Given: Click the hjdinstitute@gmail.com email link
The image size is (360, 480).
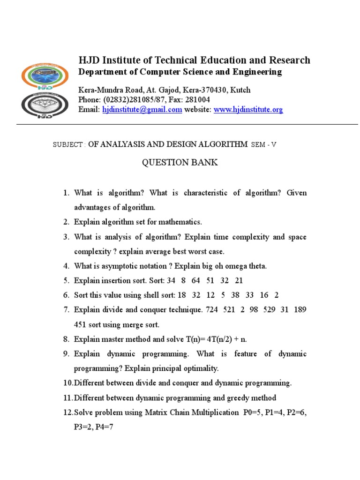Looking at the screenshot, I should [142, 110].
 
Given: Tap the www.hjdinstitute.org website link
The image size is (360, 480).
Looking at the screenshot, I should [248, 110].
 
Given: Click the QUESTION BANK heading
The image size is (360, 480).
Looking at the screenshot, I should [180, 163].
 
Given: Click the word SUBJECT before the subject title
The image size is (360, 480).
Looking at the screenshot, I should [68, 145].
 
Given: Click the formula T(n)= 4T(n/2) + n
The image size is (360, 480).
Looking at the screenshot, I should [213, 339].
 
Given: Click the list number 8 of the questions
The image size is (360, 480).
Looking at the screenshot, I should [66, 339].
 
